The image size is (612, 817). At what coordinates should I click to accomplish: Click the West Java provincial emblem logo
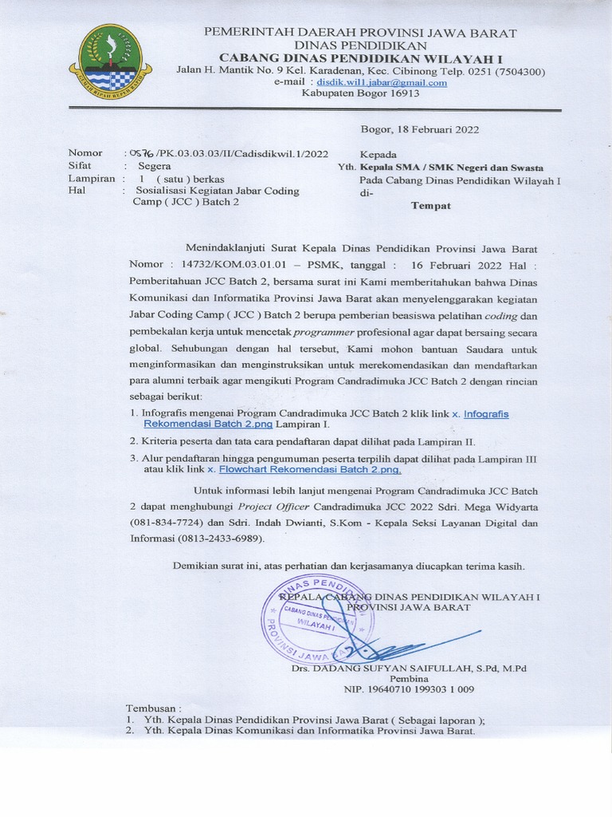111,62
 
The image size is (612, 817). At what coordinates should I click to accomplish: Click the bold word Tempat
430,206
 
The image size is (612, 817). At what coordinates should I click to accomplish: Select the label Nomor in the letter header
85,152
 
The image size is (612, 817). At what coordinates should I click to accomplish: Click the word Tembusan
154,708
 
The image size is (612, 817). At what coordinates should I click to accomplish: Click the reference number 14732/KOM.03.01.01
240,263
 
